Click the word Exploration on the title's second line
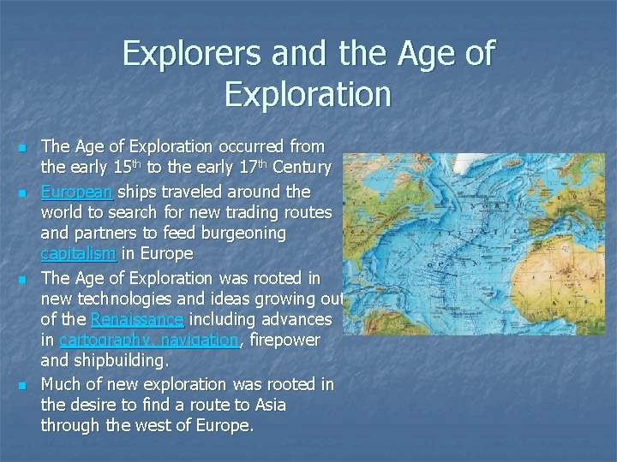tap(308, 95)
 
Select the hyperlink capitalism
tap(78, 254)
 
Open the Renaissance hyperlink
tap(137, 319)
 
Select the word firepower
tap(283, 340)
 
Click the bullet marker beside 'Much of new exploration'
tap(23, 385)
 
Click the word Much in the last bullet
tap(60, 383)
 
